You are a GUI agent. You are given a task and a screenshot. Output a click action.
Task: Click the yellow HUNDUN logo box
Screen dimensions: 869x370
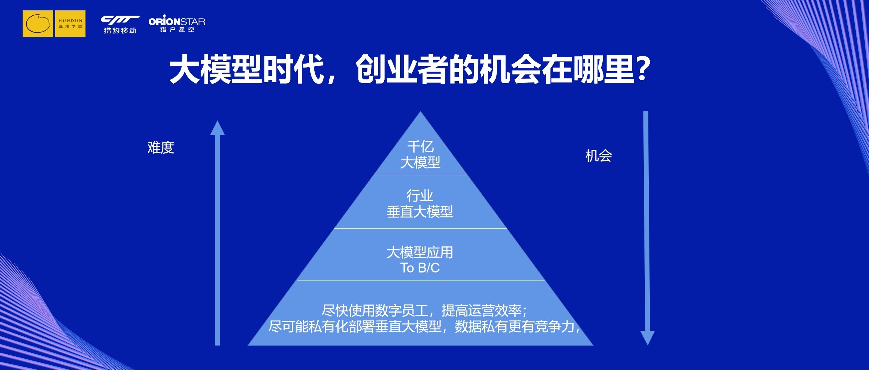click(54, 24)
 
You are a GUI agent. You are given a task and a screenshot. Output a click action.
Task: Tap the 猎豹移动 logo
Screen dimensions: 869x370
click(120, 25)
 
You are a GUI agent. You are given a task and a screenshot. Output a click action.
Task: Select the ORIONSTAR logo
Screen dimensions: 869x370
click(177, 23)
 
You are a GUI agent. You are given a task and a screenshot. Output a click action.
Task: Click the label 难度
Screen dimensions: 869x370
click(161, 148)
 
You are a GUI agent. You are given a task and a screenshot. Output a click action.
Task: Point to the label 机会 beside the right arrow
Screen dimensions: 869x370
click(599, 156)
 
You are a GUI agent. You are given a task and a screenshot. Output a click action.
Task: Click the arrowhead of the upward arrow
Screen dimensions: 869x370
click(217, 128)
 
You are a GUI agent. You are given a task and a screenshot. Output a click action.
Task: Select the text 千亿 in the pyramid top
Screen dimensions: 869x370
click(420, 147)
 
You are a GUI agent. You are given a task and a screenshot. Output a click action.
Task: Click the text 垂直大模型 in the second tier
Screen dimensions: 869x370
click(420, 212)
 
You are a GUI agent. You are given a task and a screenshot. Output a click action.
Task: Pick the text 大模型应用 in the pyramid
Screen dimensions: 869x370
click(420, 252)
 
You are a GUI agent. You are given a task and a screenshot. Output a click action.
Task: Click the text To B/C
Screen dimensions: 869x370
click(420, 268)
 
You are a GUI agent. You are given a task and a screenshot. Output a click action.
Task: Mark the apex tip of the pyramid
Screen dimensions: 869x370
click(420, 111)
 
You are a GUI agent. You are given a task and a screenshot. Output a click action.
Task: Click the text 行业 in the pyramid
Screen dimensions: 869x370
click(420, 196)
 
